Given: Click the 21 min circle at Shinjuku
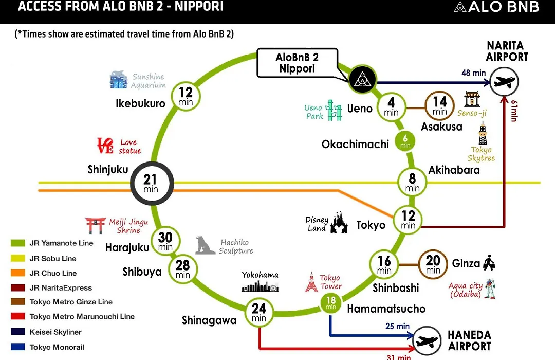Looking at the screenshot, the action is point(152,183).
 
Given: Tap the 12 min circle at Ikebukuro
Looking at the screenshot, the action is point(186,96).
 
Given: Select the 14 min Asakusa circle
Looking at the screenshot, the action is point(439,106).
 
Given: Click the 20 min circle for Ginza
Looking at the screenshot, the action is point(433,264).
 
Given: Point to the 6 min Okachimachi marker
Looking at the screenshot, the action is point(405,141).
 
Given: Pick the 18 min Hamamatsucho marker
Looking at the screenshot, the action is point(331,303).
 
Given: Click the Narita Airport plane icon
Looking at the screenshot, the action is point(505,82).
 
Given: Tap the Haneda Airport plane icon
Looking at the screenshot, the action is point(427,341).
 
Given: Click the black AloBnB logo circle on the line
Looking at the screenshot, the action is point(362,79).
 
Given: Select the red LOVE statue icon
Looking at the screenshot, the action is point(105,146).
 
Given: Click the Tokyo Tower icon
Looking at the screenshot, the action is point(311,282).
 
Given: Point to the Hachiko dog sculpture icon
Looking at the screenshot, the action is point(205,245).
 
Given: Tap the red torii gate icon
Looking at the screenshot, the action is point(95,225).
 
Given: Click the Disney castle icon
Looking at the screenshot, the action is point(339,223).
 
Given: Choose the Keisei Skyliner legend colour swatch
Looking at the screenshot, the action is point(17,332).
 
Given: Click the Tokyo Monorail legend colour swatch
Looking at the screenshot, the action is point(17,347).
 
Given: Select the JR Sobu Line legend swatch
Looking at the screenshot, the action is point(17,258).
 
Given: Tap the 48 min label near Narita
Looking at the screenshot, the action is point(474,73).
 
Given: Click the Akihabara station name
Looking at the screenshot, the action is point(454,170).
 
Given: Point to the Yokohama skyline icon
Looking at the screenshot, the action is point(260,286).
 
